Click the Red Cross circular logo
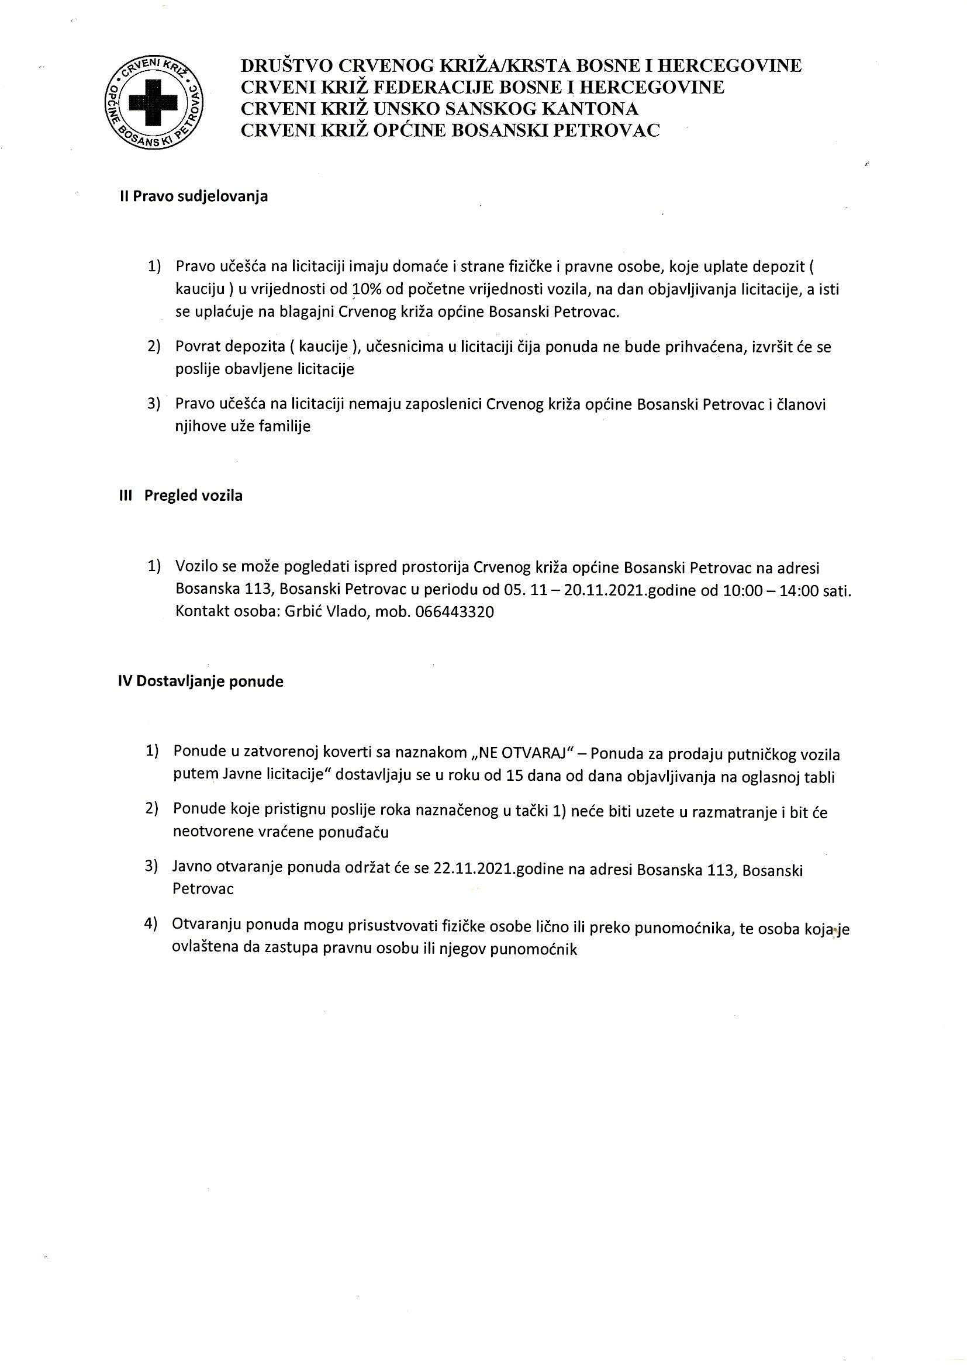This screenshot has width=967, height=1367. [154, 102]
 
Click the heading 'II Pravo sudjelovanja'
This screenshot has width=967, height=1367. [194, 196]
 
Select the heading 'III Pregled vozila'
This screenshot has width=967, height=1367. [181, 496]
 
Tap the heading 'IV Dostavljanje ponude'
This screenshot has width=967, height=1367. [201, 681]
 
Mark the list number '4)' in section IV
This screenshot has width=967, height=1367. [151, 923]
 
